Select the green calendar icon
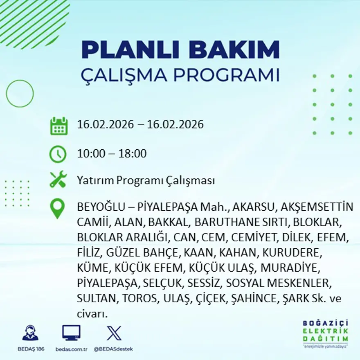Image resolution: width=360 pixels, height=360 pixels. click(59, 126)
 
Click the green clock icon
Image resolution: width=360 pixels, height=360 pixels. click(58, 154)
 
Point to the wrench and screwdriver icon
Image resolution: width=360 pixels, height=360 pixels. click(58, 180)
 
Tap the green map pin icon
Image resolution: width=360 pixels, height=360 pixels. click(58, 208)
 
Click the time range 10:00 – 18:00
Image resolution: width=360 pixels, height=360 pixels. click(112, 154)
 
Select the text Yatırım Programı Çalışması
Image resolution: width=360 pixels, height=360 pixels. click(146, 180)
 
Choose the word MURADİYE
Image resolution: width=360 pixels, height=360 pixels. click(289, 268)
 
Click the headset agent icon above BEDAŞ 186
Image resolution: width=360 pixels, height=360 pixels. click(30, 333)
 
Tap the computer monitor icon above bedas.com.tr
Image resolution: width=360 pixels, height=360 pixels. click(71, 333)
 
